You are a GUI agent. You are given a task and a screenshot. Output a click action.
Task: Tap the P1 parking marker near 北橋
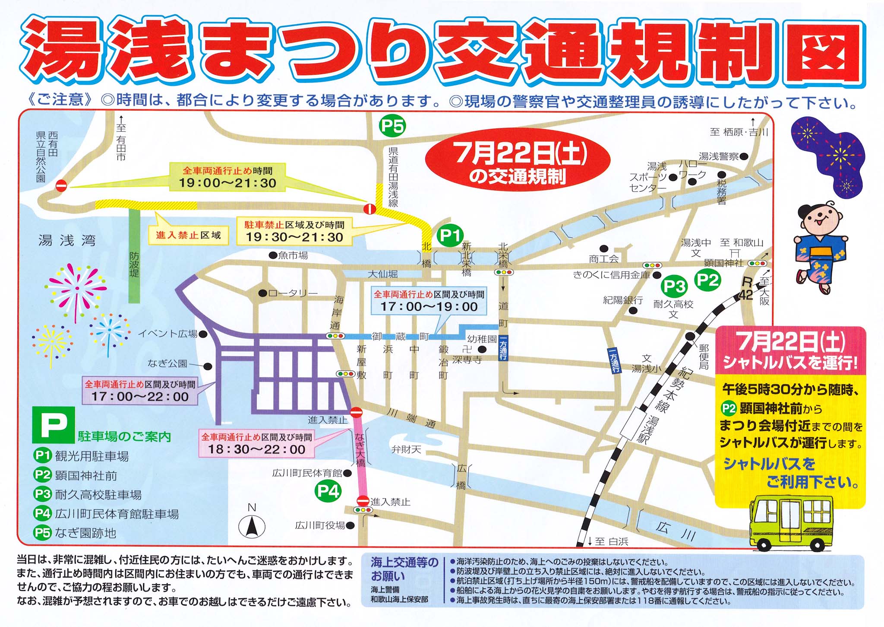(x=450, y=236)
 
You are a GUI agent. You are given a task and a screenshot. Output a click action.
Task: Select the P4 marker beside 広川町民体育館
(x=328, y=491)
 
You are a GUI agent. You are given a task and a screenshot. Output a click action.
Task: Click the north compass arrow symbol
(x=252, y=527)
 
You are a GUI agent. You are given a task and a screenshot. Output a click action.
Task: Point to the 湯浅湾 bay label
(x=67, y=240)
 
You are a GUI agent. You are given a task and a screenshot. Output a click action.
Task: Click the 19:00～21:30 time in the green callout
(x=227, y=183)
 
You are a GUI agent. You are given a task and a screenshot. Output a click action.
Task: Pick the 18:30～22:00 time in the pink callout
(x=256, y=449)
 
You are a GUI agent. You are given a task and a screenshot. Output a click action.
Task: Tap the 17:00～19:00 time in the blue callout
(x=429, y=307)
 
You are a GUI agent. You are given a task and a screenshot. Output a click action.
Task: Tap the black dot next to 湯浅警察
(x=744, y=156)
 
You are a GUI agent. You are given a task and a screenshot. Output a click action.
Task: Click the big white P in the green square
(x=54, y=425)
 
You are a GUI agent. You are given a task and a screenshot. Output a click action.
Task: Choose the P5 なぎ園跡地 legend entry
(x=75, y=533)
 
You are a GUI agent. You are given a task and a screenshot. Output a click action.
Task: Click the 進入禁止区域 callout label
(x=188, y=235)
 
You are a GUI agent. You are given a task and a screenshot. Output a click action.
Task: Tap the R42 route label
(x=746, y=289)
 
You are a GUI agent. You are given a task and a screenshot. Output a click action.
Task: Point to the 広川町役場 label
(x=320, y=525)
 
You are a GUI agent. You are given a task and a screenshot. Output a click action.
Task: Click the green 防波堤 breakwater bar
(x=134, y=255)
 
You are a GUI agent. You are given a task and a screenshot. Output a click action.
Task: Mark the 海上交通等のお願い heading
(x=404, y=569)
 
